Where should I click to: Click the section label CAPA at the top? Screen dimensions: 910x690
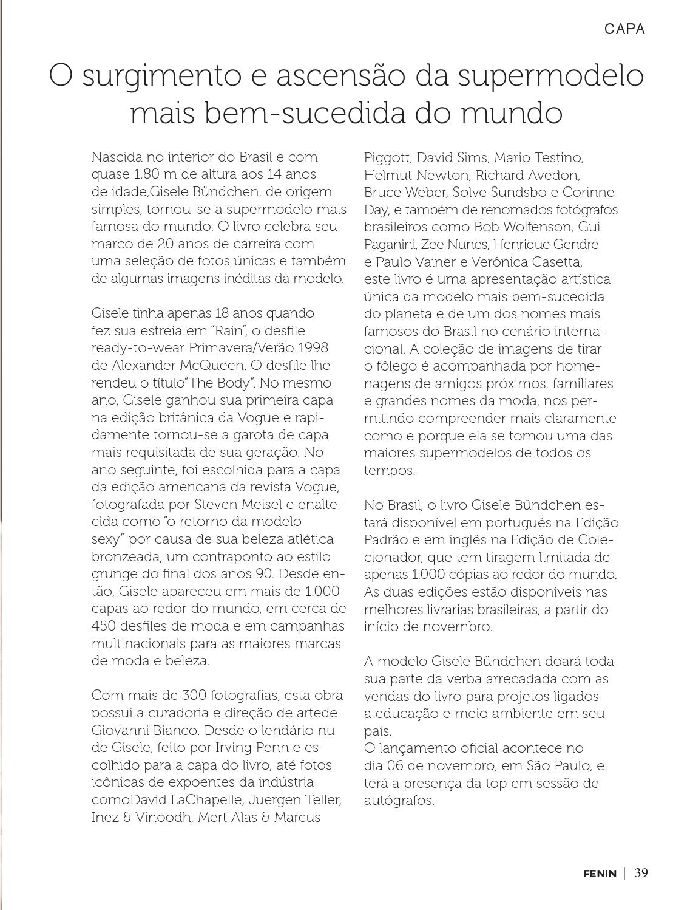(x=624, y=29)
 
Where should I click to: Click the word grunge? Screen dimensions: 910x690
(x=112, y=574)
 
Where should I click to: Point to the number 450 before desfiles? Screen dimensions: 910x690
(x=104, y=626)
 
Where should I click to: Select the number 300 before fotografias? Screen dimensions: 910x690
(x=194, y=696)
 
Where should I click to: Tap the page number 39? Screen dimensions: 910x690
(x=641, y=874)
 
